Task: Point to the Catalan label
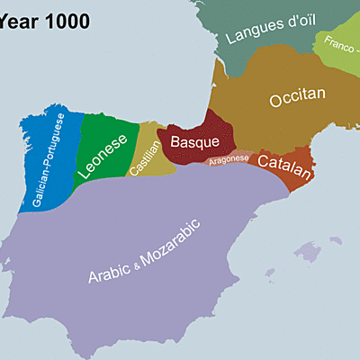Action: (x=283, y=163)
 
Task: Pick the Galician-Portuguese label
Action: (x=49, y=162)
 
